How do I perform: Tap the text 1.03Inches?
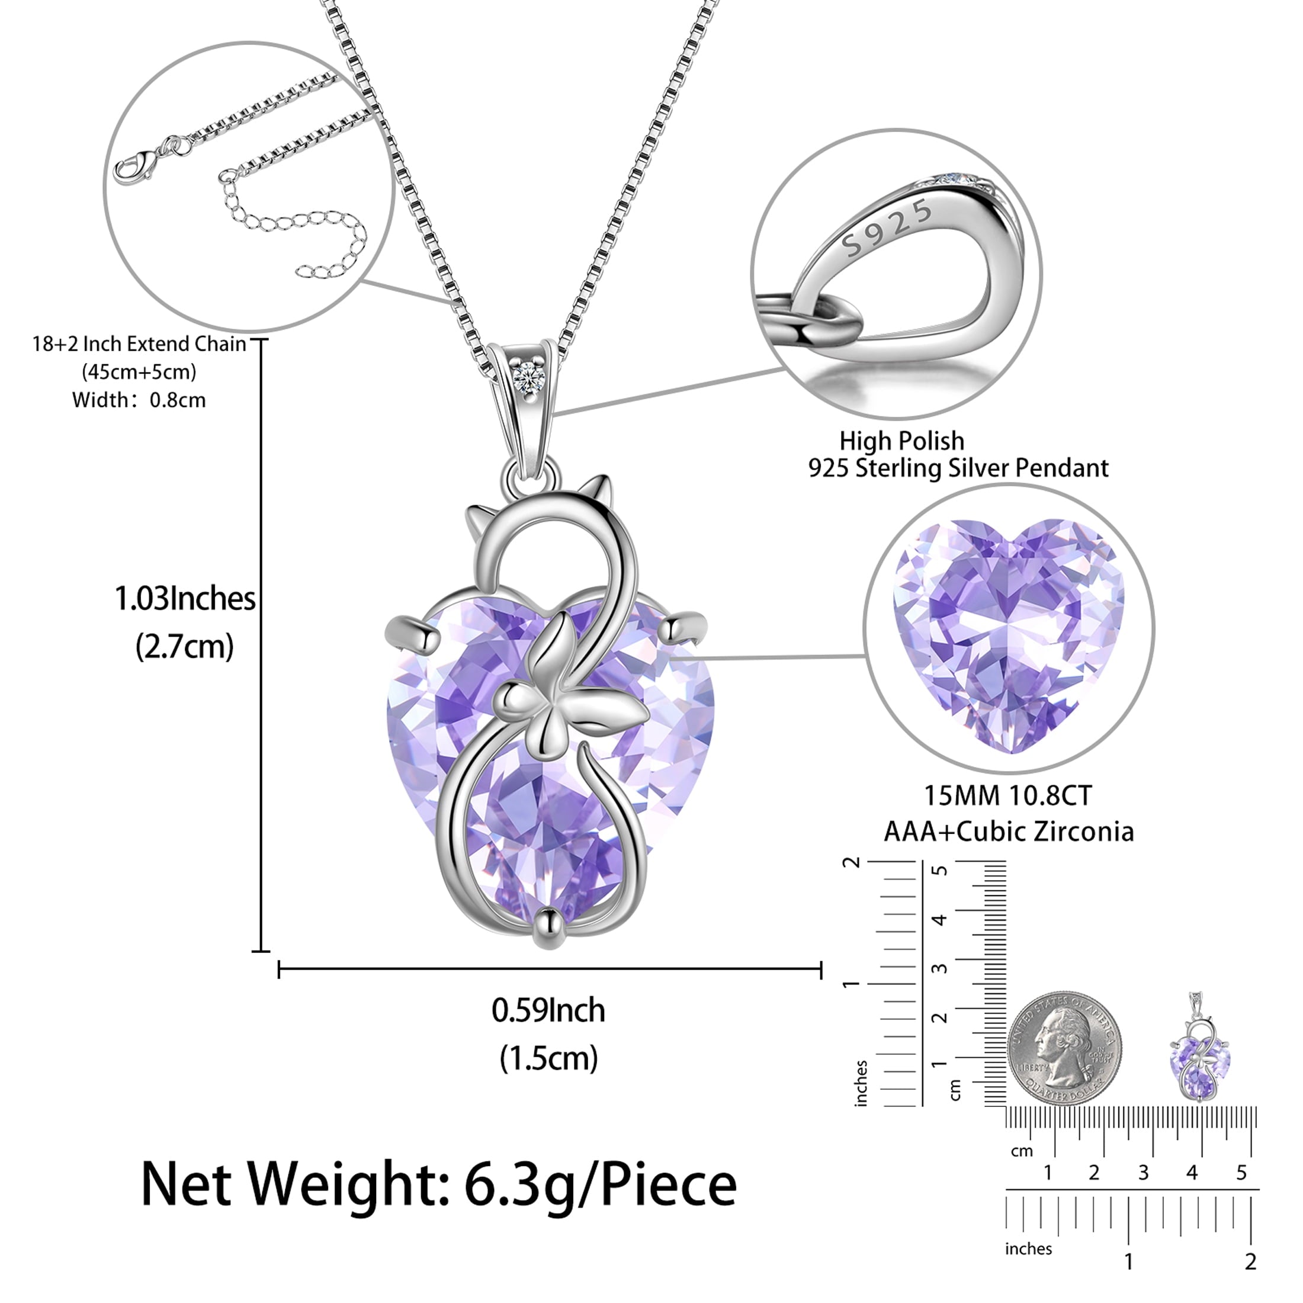click(185, 599)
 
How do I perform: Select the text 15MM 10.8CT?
click(1007, 796)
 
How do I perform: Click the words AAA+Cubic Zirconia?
click(1008, 832)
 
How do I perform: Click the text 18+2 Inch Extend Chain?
click(140, 344)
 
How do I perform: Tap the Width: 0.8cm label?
click(139, 400)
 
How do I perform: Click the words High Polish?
click(901, 441)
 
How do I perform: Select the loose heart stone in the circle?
click(1008, 634)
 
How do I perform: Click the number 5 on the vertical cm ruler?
click(939, 870)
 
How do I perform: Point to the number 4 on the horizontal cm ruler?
click(1192, 1173)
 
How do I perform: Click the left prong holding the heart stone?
click(412, 627)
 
